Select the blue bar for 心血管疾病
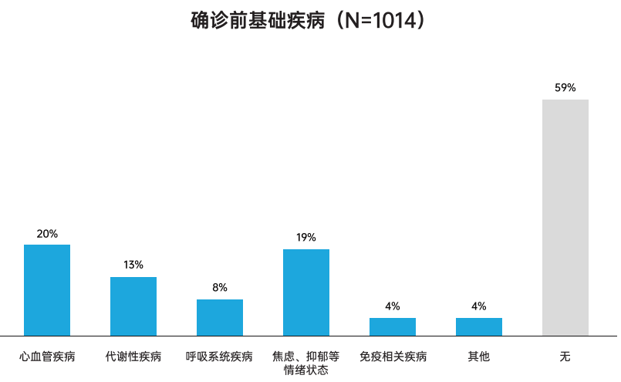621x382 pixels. coord(47,289)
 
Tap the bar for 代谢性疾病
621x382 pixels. coord(133,306)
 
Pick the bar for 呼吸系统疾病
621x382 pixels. coord(220,317)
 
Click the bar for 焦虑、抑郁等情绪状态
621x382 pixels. coord(306,292)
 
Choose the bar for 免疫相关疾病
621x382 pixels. coord(393,326)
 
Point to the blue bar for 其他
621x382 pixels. coord(479,326)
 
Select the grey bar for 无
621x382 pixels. coord(565,217)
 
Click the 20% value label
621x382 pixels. coord(47,233)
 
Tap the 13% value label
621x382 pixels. coord(133,265)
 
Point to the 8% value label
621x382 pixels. coord(220,287)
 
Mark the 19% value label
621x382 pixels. coord(306,237)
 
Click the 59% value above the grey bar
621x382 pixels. coord(565,87)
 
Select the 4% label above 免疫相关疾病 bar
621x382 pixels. coord(393,306)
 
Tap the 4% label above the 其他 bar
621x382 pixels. coord(479,306)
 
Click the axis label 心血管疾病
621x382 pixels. coord(47,357)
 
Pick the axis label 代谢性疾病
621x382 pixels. coord(133,357)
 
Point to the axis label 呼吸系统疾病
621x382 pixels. coord(220,357)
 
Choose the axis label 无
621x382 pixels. coord(565,357)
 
